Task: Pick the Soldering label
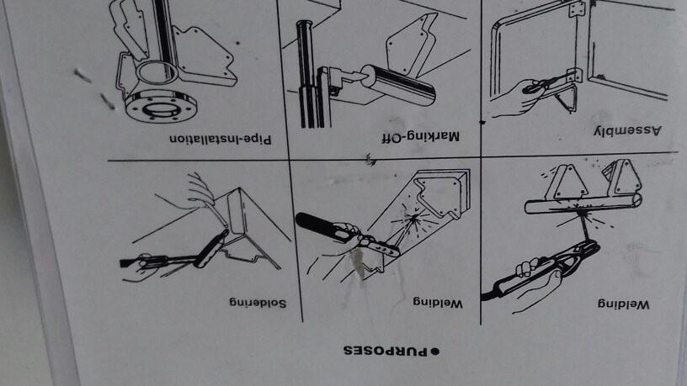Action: pos(255,301)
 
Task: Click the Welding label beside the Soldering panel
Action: pos(439,302)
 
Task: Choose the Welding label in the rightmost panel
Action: pos(623,304)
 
